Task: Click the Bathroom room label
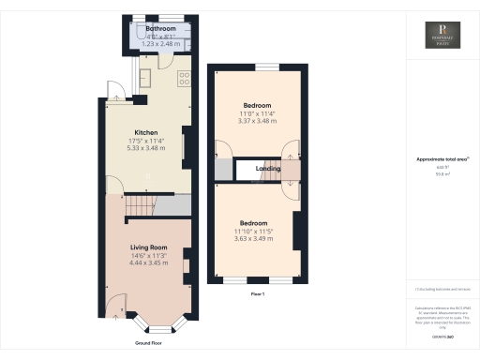[154, 29]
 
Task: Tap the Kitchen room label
[144, 132]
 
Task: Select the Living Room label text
[150, 247]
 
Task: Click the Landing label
[270, 169]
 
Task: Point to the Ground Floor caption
[149, 343]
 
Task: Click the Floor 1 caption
[258, 294]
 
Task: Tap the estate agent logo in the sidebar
[437, 34]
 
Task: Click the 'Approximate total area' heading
[435, 159]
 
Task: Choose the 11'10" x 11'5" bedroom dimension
[256, 232]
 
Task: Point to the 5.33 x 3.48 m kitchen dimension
[144, 147]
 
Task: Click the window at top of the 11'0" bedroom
[267, 67]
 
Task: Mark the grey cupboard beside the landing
[222, 170]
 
